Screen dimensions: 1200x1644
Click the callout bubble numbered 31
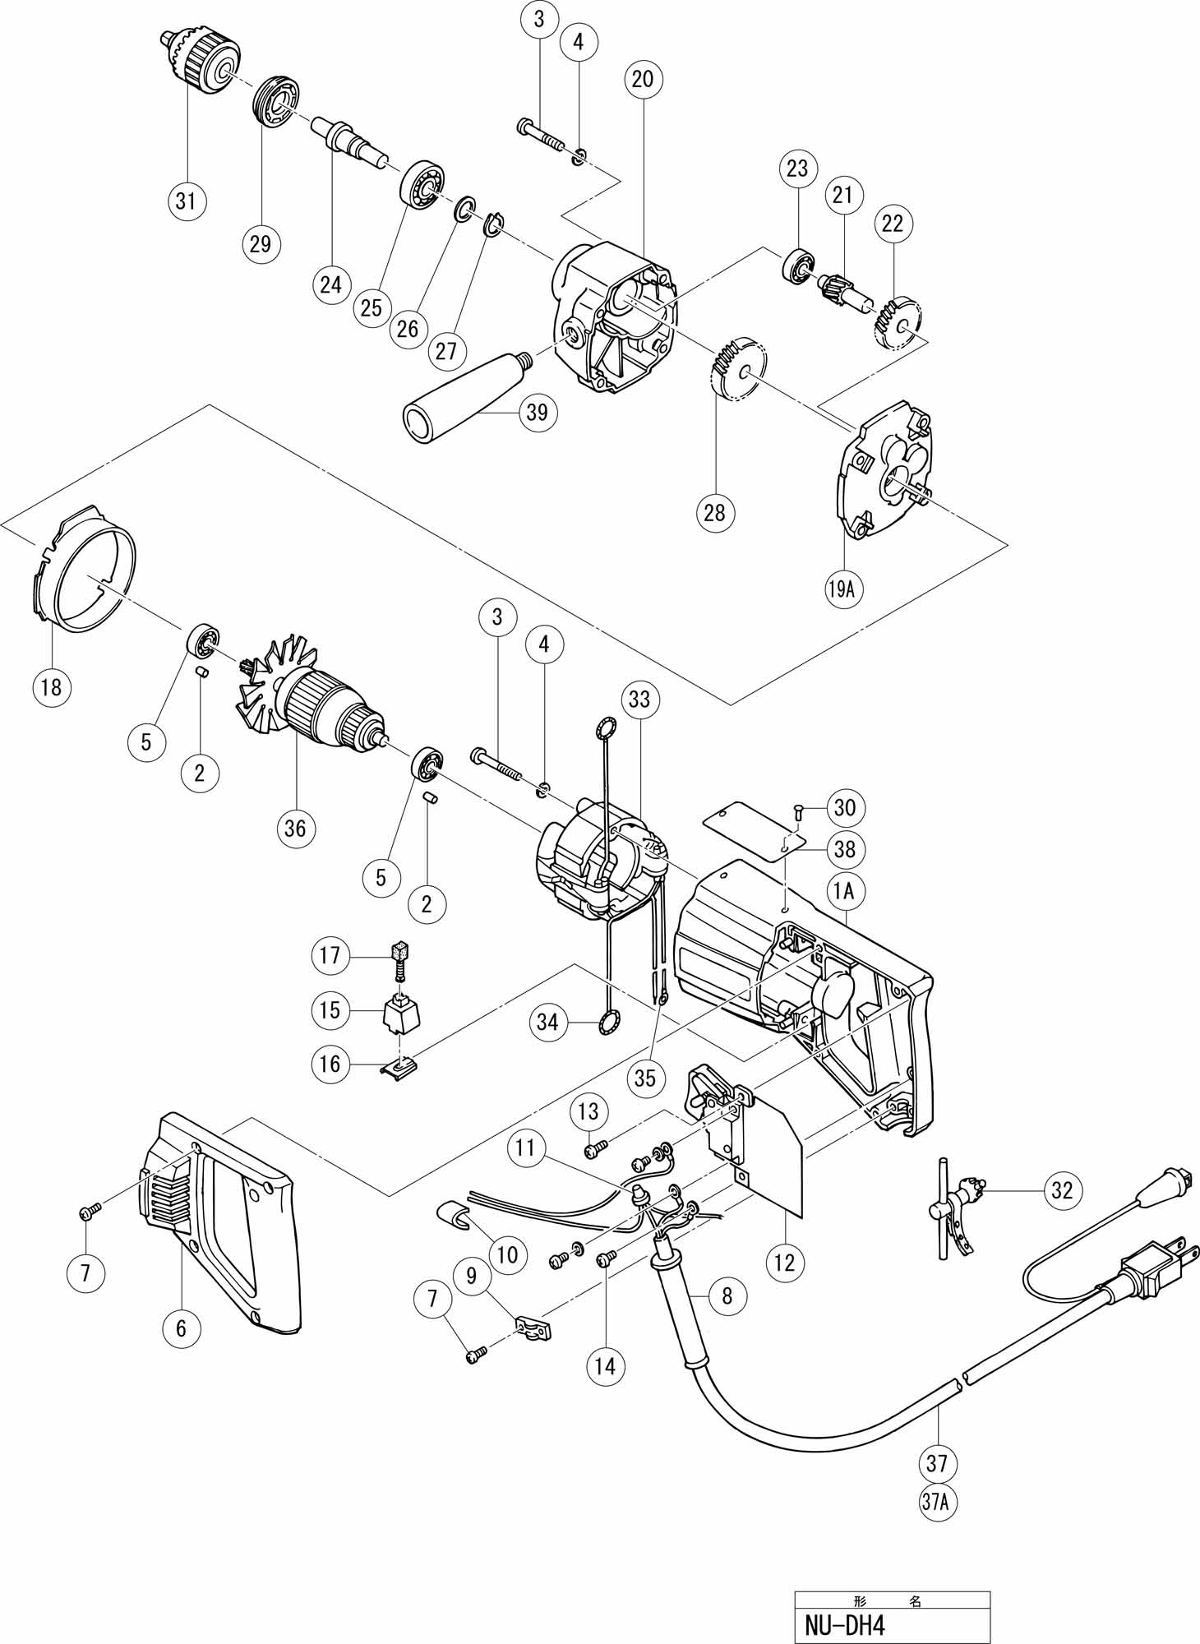coord(187,200)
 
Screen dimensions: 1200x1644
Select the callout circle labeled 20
coord(643,78)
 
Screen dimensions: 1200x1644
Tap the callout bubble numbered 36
coord(295,828)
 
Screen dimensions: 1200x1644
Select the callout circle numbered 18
coord(51,686)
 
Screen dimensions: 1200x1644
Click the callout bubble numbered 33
coord(639,699)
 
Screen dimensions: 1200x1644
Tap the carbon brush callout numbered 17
coord(330,955)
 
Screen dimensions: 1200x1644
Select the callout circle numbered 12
coord(785,1262)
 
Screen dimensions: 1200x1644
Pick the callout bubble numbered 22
coord(893,223)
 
